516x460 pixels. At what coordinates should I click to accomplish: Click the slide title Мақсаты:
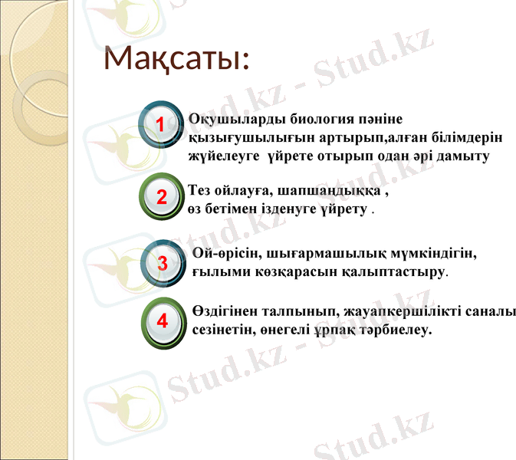click(x=177, y=58)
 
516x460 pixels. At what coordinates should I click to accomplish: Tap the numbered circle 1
click(x=160, y=124)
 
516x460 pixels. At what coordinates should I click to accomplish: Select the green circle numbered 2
click(x=162, y=197)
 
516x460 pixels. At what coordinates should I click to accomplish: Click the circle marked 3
click(x=162, y=263)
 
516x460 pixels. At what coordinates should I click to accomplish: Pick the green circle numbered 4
click(x=163, y=320)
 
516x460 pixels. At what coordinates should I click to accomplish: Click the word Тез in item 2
click(x=200, y=192)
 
